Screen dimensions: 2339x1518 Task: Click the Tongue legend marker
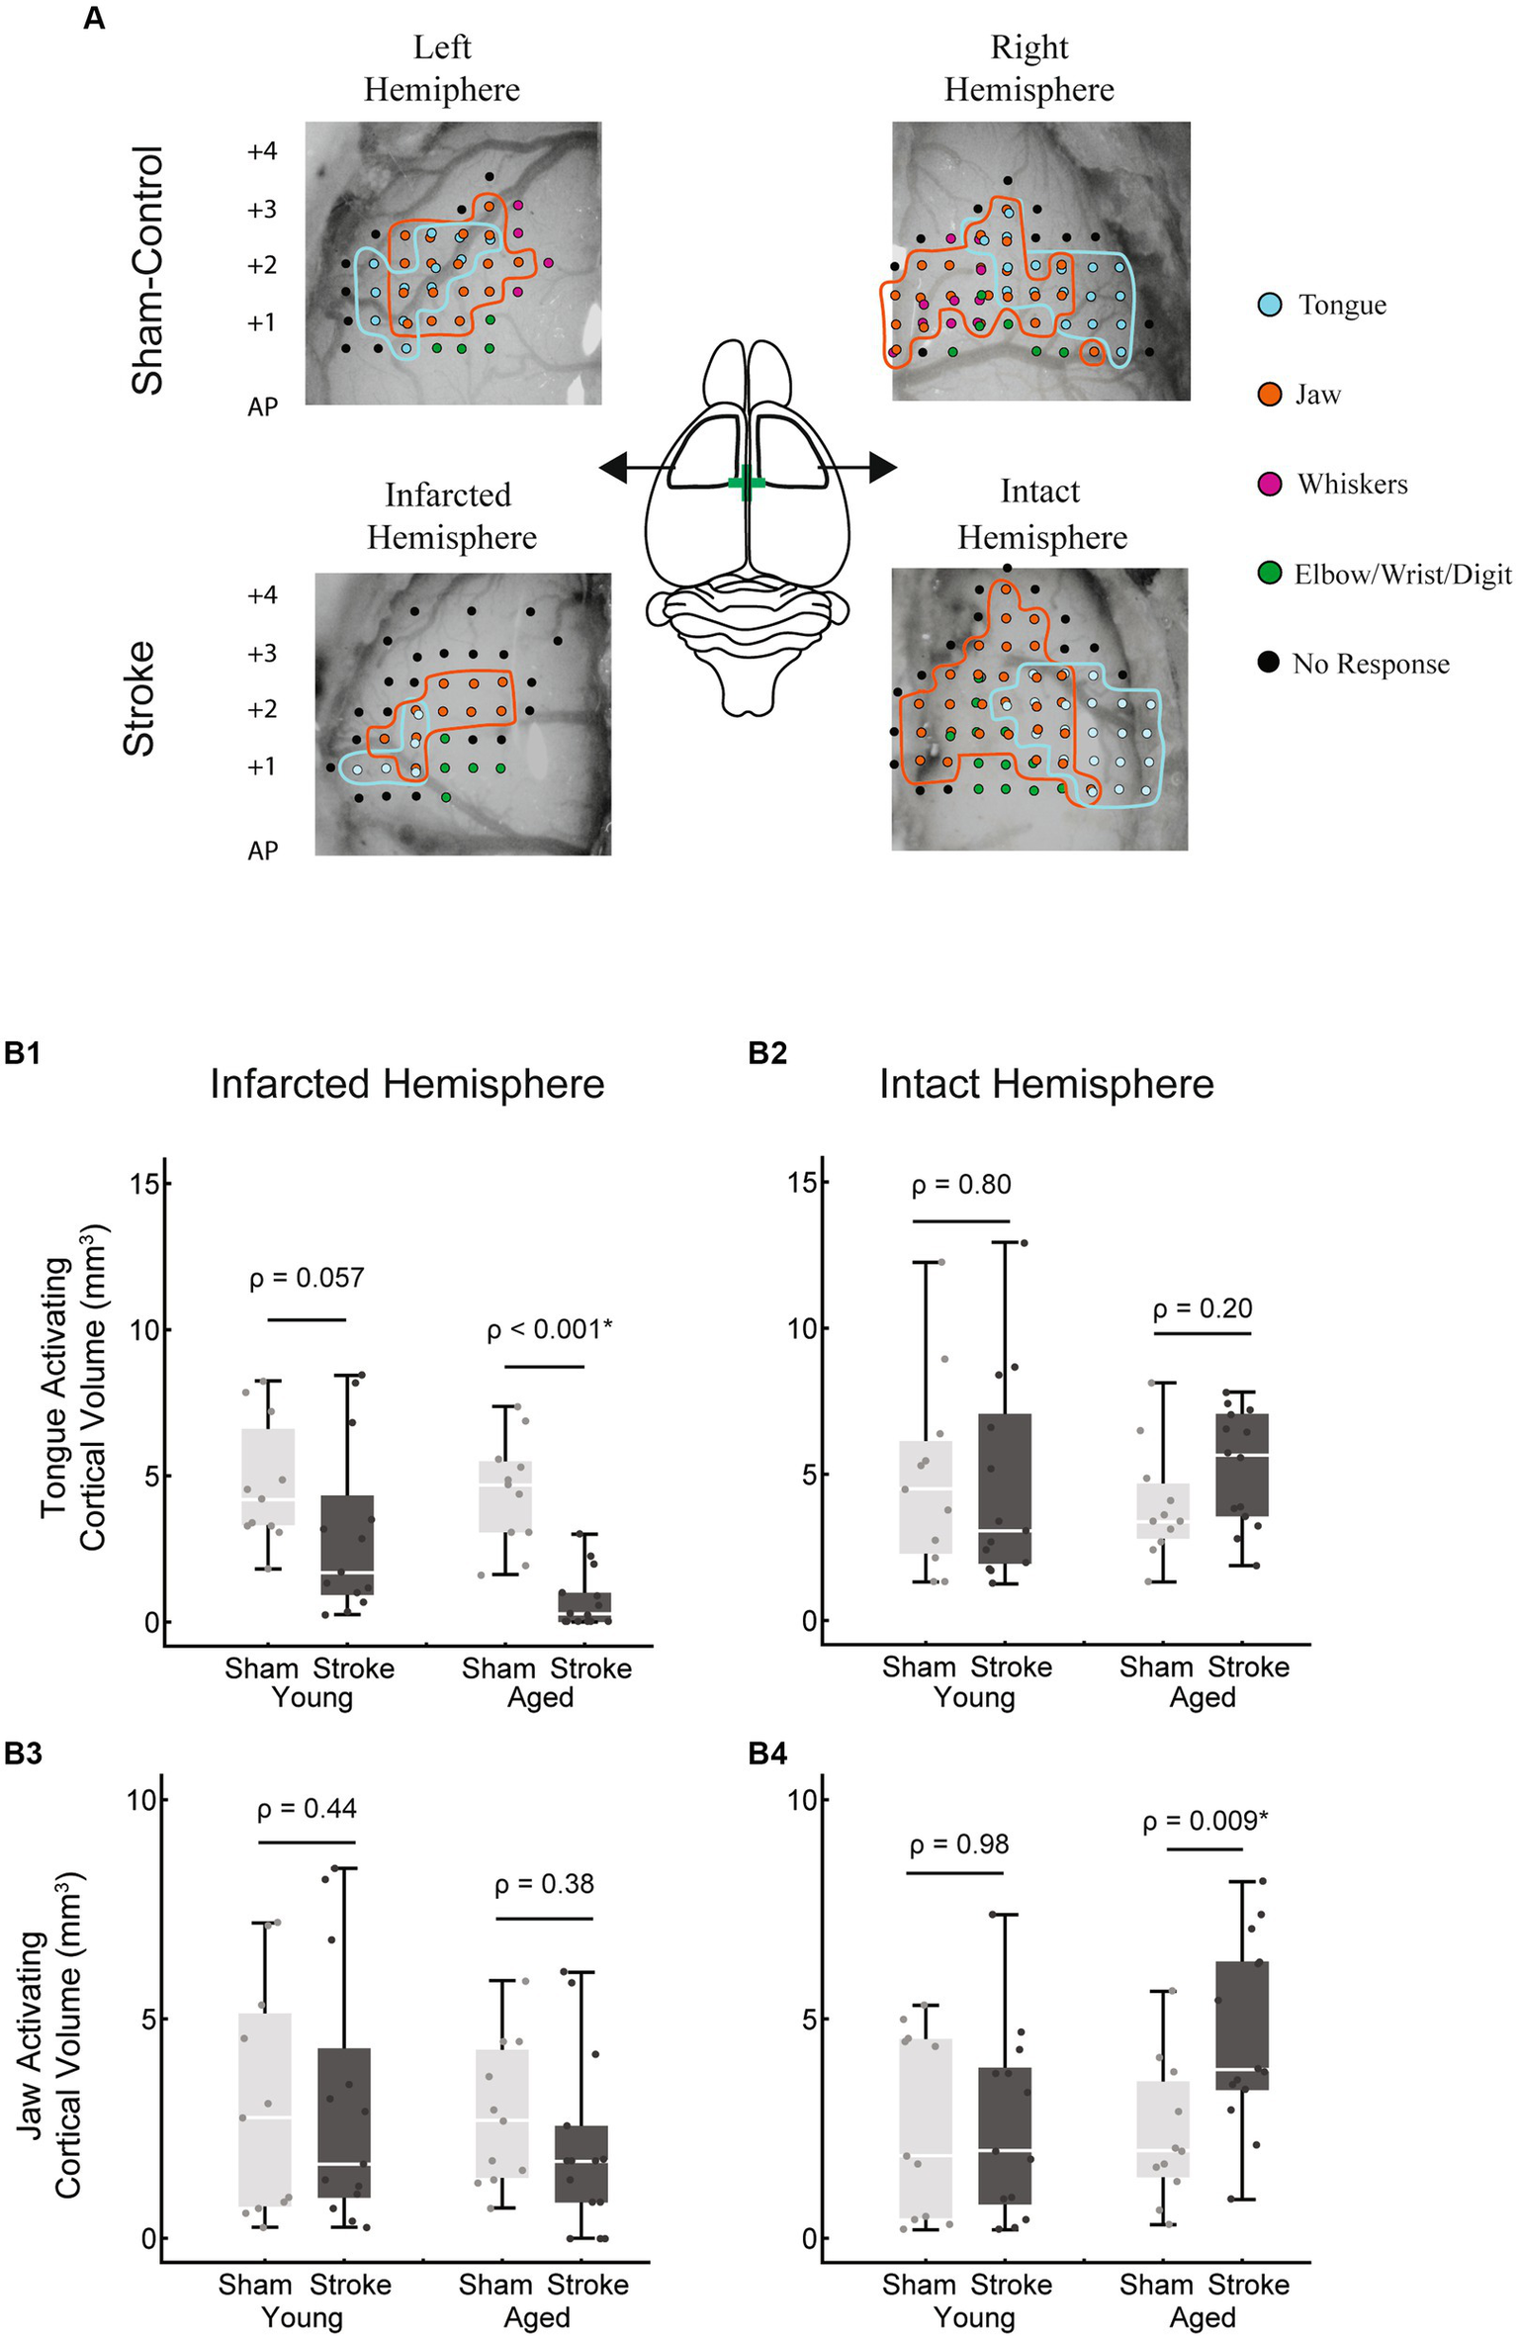pos(1270,305)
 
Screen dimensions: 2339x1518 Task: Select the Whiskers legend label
pos(1352,484)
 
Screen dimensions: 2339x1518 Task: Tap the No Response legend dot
pos(1270,663)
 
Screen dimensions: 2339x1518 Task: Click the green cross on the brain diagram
pos(747,483)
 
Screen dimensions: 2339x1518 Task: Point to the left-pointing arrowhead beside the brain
pos(614,467)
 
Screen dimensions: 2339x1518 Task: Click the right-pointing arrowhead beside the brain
pos(882,467)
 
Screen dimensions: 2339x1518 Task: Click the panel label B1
pos(23,1052)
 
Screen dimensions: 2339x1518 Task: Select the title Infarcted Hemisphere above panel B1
pos(406,1084)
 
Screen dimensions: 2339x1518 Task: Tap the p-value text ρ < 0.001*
pos(549,1329)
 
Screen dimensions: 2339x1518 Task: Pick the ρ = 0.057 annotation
pos(307,1278)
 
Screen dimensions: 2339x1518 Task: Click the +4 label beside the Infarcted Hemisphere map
pos(262,595)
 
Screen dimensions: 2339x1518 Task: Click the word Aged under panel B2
pos(1203,1697)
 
